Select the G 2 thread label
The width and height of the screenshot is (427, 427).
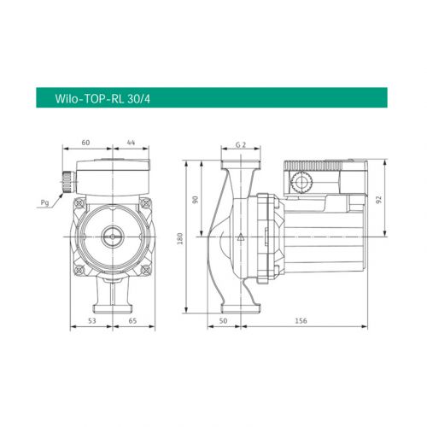[242, 146]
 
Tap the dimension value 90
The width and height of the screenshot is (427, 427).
[196, 199]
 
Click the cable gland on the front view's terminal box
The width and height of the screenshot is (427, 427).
[65, 182]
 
